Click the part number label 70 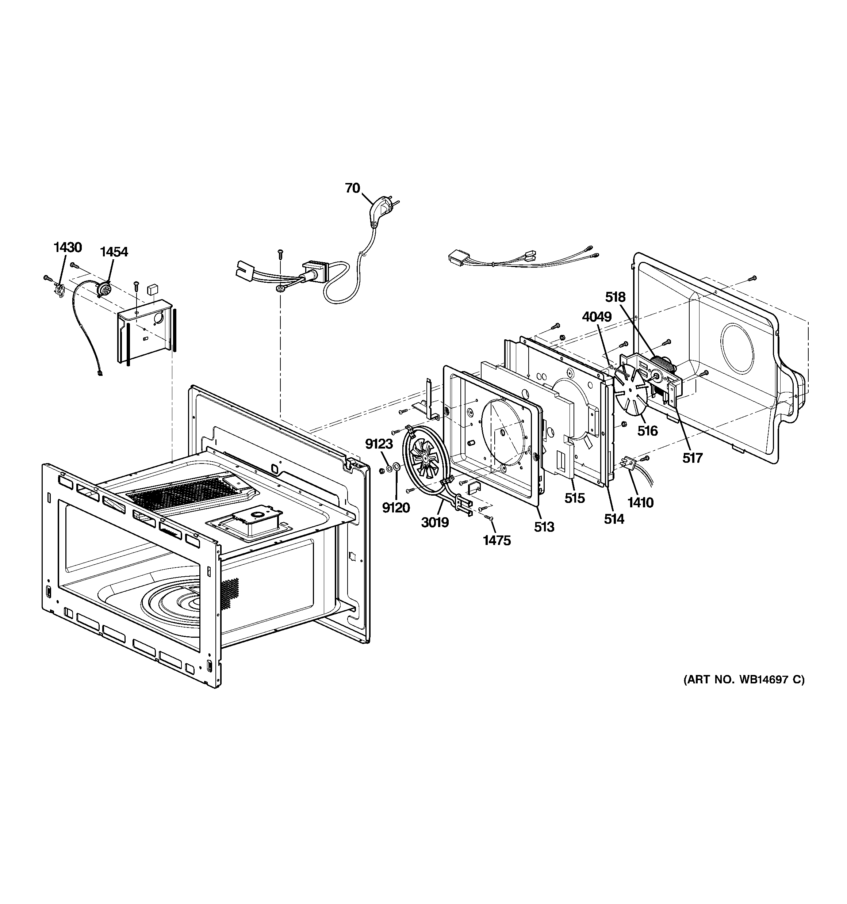[352, 188]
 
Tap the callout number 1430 [68, 247]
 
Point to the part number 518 [615, 297]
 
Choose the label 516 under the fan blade [647, 431]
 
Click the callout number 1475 [497, 541]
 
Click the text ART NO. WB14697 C [744, 693]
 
